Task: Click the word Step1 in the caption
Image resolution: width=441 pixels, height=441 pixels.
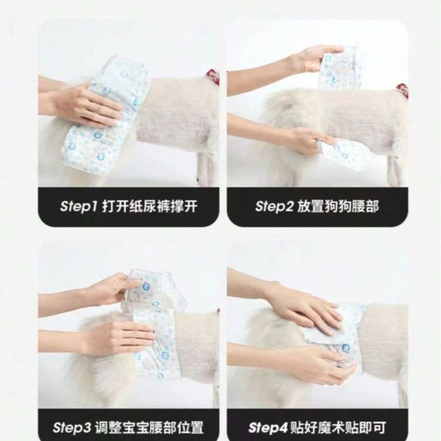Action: tap(78, 206)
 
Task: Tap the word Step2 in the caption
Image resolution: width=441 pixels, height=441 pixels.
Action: tap(274, 206)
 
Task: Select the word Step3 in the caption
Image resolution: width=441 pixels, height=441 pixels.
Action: tap(72, 427)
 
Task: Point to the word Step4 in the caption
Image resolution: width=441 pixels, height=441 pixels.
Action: tap(268, 427)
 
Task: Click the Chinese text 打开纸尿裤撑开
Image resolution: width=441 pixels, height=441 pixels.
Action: tap(149, 206)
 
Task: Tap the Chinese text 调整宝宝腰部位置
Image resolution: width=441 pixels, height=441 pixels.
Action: tap(149, 427)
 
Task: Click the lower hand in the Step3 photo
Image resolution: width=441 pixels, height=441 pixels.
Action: tap(110, 338)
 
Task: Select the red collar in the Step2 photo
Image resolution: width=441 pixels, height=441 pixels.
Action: tap(403, 91)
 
